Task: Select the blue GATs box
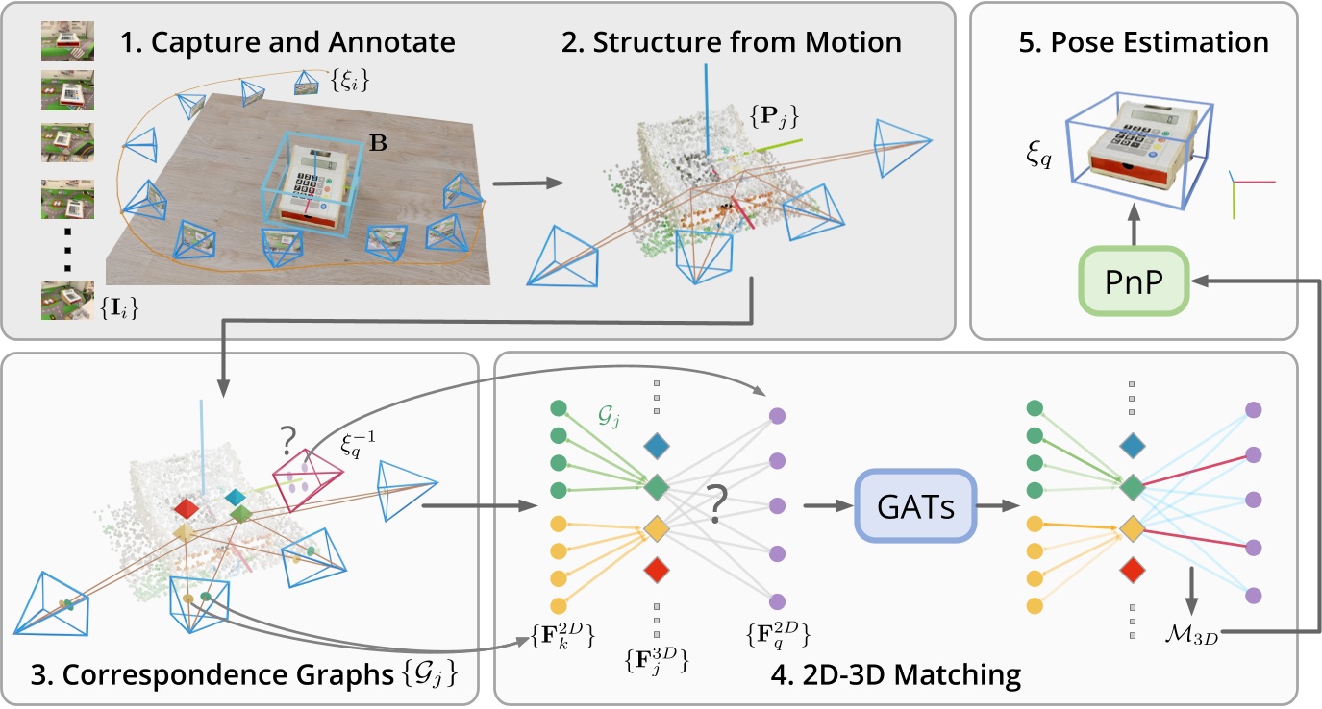click(x=915, y=506)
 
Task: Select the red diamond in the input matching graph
click(x=657, y=570)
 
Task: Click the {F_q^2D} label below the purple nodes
click(x=775, y=634)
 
